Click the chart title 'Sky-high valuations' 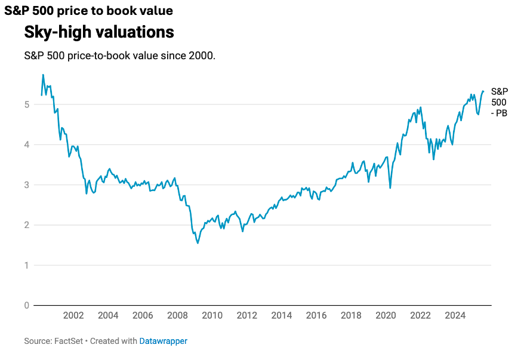click(x=99, y=32)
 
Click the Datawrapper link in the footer click(x=163, y=341)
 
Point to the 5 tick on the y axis click(x=26, y=104)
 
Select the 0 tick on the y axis click(x=26, y=306)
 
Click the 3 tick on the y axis click(x=26, y=185)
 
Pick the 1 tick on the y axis click(x=26, y=265)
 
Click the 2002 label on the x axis click(x=73, y=316)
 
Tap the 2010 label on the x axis click(x=212, y=316)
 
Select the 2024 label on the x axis click(x=455, y=316)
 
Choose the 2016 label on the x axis click(x=316, y=316)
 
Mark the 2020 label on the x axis click(x=386, y=316)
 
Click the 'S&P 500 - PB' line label click(x=499, y=102)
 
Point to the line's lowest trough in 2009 click(x=198, y=243)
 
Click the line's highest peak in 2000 click(x=43, y=75)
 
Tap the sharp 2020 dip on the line click(x=390, y=188)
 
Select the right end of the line click(x=483, y=91)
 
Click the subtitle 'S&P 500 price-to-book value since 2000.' click(x=119, y=56)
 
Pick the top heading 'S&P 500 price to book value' click(x=88, y=10)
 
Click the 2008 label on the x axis click(x=177, y=316)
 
